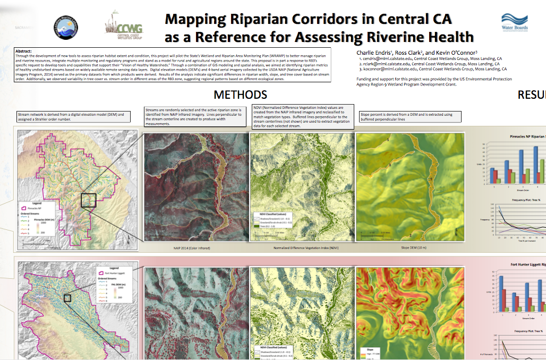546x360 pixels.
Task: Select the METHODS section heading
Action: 240,95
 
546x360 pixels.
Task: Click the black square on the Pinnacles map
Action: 88,200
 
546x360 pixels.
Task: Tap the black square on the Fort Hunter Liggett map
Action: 67,298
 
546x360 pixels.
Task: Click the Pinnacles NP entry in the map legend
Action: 36,209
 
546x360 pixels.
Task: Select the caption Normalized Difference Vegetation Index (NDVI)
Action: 302,248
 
